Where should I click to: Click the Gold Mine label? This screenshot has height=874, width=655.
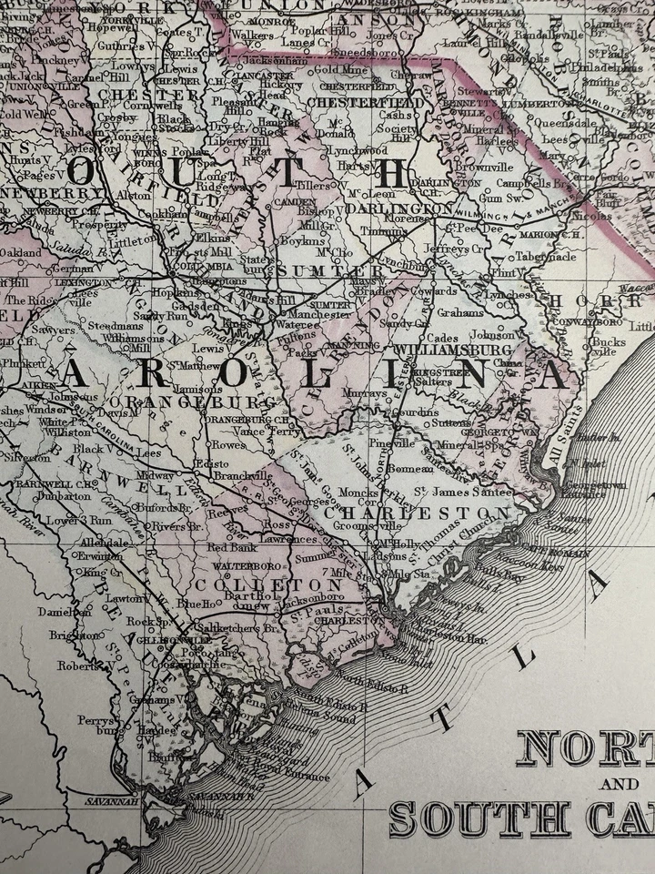(339, 69)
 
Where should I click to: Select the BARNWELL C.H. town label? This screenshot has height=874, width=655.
(43, 483)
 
